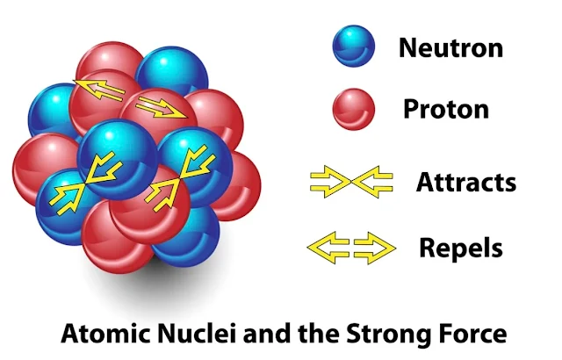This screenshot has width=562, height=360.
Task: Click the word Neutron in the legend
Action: coord(451,47)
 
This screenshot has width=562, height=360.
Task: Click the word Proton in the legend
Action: coord(445,109)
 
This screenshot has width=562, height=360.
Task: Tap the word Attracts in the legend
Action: coord(465,183)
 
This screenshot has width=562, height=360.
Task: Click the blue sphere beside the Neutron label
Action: coord(353,47)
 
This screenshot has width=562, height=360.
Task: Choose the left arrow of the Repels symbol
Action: coord(328,247)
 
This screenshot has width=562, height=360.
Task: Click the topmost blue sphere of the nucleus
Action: coord(169,68)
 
